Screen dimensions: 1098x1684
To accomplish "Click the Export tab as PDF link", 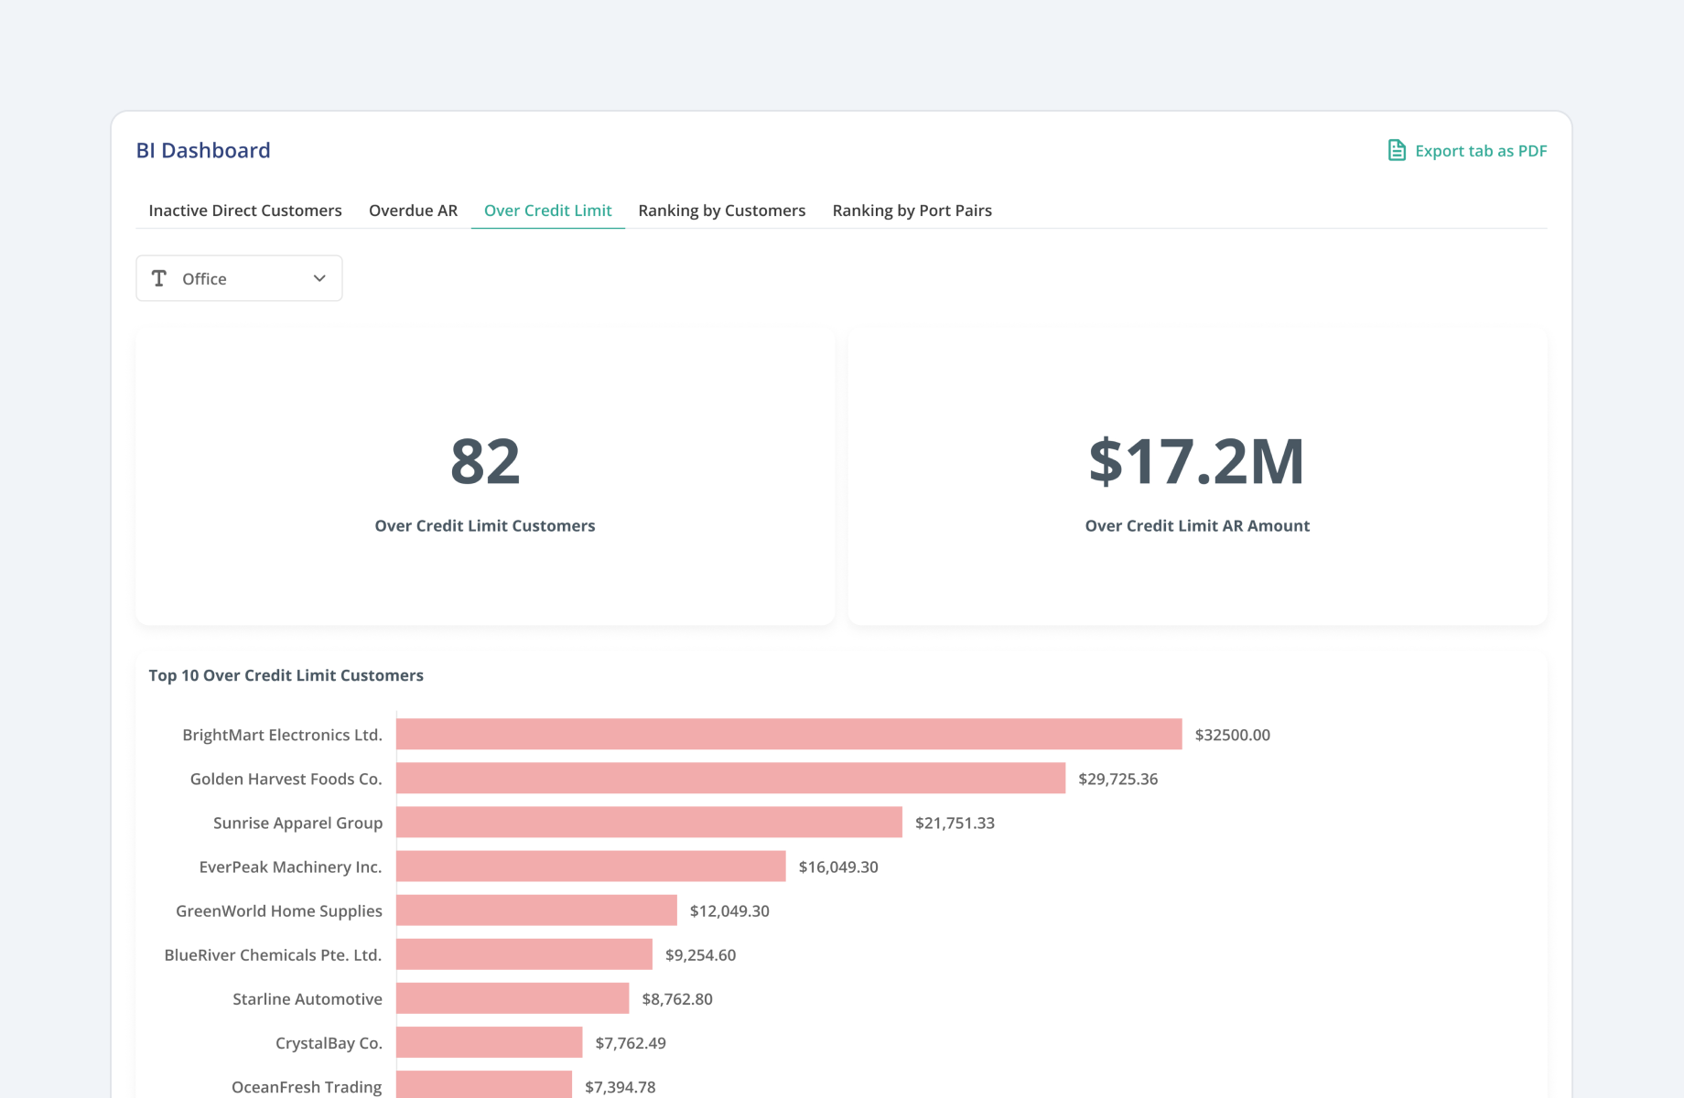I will point(1480,151).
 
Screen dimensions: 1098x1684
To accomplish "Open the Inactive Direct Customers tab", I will point(245,210).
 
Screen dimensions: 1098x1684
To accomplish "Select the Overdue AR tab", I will point(413,210).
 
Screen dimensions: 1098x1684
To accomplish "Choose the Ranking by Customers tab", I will point(721,210).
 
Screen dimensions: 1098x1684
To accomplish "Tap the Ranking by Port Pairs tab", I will point(912,210).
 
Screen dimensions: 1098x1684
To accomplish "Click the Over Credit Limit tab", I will point(547,210).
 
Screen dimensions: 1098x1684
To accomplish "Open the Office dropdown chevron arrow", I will point(319,278).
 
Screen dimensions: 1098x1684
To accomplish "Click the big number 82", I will point(485,461).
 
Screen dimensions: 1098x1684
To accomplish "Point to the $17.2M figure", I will point(1196,461).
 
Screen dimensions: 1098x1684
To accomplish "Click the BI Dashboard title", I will point(203,150).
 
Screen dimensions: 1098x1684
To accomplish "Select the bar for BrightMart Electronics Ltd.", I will point(789,735).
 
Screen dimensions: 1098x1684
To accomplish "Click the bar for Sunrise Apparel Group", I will point(649,823).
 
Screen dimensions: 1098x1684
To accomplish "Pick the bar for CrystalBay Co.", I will point(489,1042).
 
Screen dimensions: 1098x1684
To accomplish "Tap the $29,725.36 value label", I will point(1117,779).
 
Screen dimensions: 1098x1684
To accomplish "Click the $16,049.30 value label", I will point(837,867).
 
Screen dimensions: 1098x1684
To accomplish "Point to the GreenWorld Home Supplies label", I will point(279,910).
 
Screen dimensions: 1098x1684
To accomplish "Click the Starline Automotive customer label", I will point(307,999).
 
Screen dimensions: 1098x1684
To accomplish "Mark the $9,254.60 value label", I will point(700,954).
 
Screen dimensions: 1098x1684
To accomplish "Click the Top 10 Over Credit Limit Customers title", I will point(286,675).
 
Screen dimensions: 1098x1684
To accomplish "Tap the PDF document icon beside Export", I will point(1397,150).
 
